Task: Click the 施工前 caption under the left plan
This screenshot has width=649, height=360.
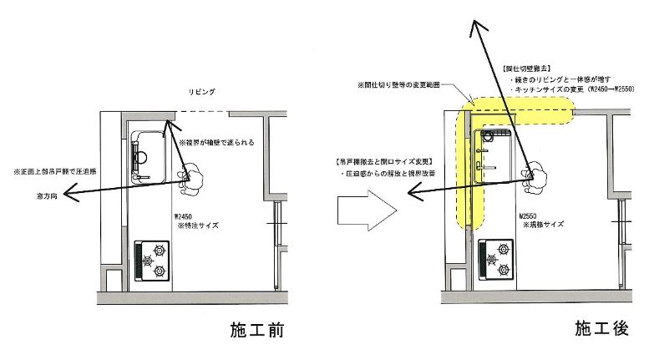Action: [x=257, y=330]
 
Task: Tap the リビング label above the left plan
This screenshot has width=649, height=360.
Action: [x=202, y=90]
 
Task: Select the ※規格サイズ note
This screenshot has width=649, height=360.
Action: [x=544, y=225]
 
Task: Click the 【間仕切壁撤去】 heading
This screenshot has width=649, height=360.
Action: [x=527, y=67]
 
